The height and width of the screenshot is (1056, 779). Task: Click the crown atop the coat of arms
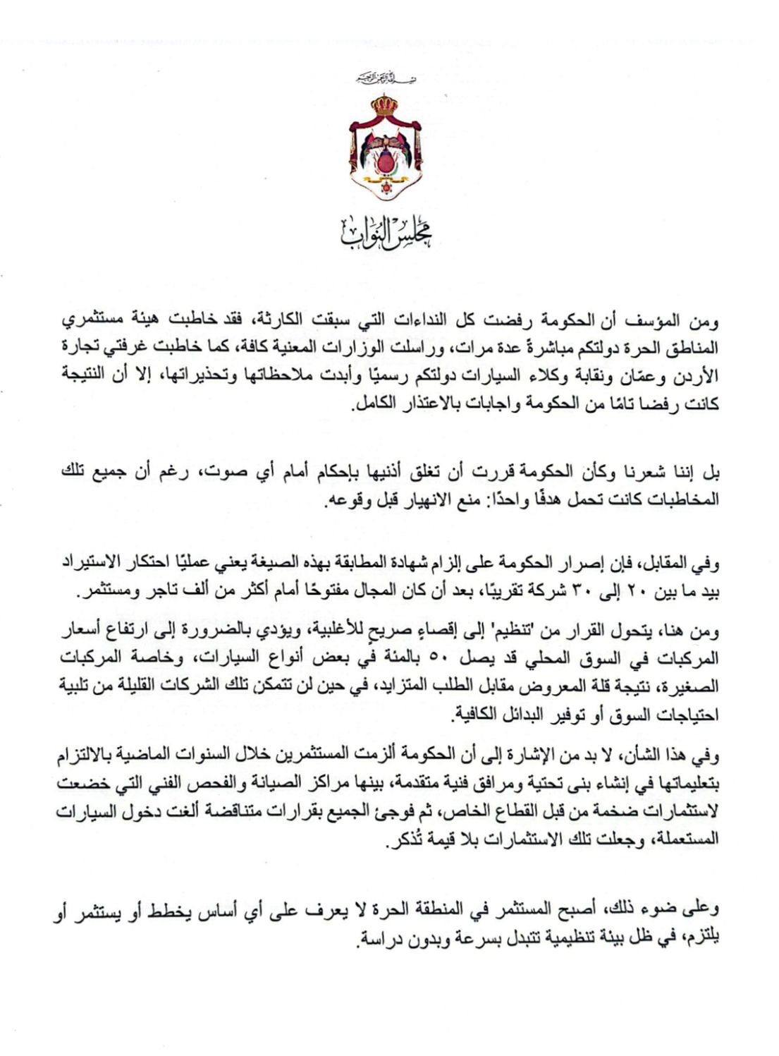(386, 107)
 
